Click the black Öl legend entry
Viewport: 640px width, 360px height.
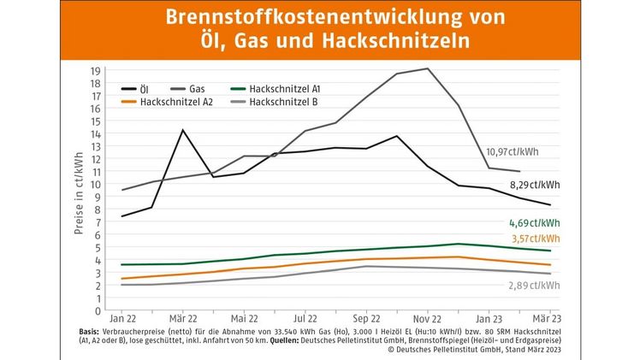137,88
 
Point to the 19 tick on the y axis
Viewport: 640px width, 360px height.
96,70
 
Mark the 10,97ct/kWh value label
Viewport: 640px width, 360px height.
513,152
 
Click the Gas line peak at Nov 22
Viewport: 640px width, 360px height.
427,68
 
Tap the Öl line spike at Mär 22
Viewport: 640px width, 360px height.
182,130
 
